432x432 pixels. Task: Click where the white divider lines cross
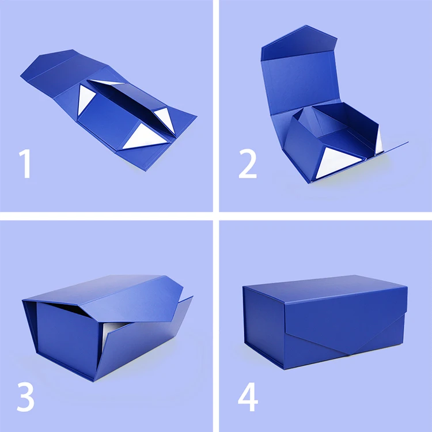pos(216,216)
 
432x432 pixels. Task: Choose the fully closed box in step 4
pos(325,323)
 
